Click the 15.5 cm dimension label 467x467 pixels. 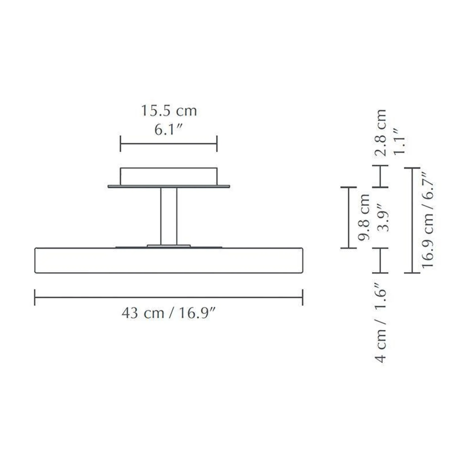pyautogui.click(x=169, y=111)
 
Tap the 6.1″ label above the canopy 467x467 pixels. pyautogui.click(x=168, y=130)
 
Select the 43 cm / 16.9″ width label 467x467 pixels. pyautogui.click(x=168, y=313)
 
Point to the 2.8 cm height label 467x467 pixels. pyautogui.click(x=381, y=133)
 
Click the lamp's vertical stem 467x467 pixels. pyautogui.click(x=169, y=216)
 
